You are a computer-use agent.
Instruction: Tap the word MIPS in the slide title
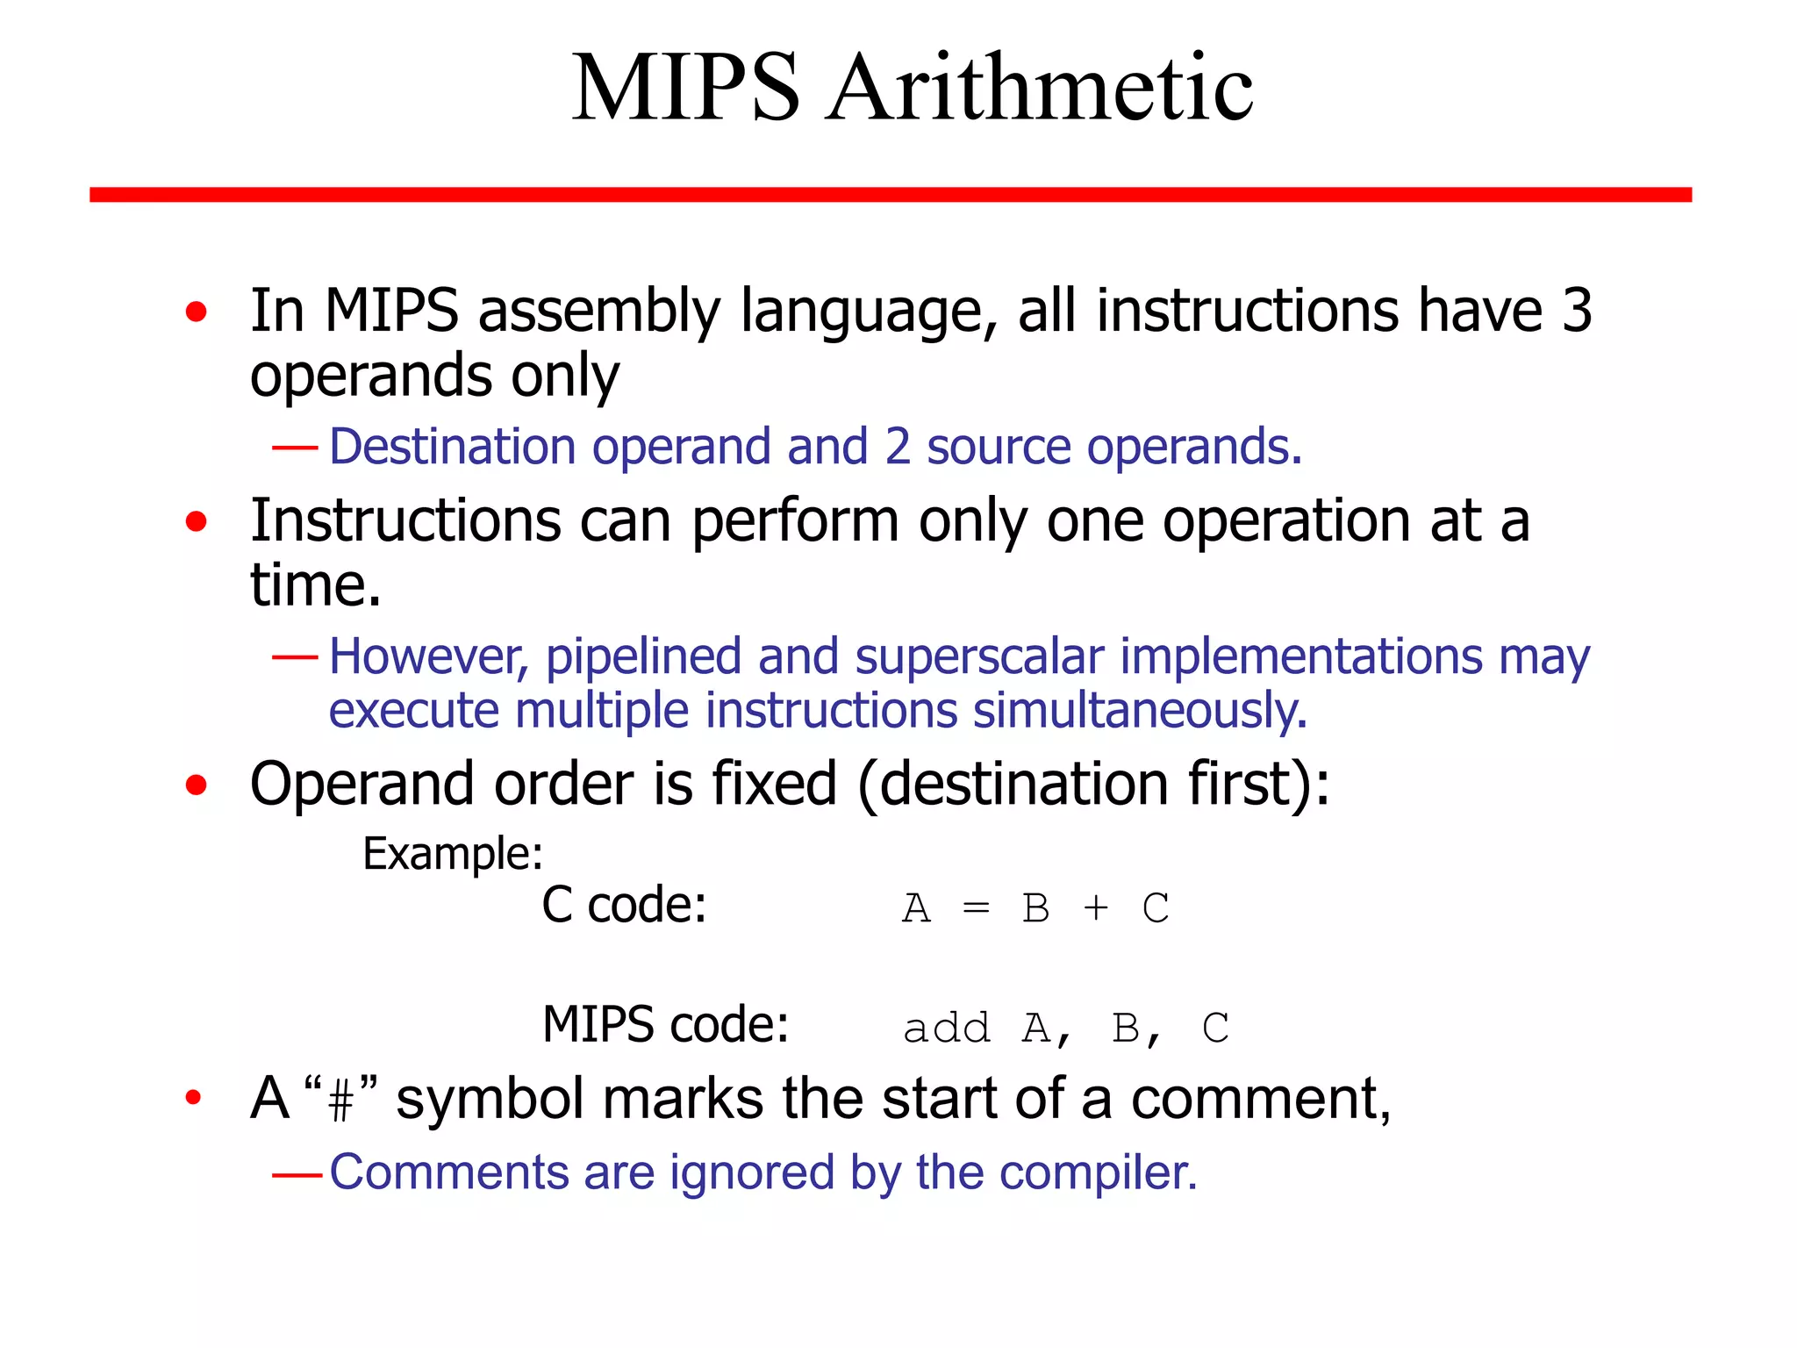click(x=685, y=88)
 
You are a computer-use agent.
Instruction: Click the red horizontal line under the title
click(x=890, y=194)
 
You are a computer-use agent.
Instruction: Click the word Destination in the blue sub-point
click(x=452, y=447)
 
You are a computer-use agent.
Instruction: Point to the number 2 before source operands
click(x=898, y=447)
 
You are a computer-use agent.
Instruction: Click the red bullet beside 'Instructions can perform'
click(x=197, y=522)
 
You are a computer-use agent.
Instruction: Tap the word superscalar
click(x=979, y=656)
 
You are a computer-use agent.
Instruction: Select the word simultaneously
click(x=1140, y=710)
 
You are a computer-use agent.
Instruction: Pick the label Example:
click(x=453, y=854)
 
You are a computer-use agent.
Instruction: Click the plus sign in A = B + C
click(x=1096, y=907)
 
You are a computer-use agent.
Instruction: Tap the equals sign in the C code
click(x=976, y=907)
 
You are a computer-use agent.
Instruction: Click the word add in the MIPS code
click(x=947, y=1029)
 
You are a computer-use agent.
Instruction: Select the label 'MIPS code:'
click(x=666, y=1024)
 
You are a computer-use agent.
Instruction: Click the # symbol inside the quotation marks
click(x=341, y=1101)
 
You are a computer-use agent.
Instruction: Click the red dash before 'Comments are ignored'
click(x=297, y=1174)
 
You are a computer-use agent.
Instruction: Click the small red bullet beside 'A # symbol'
click(x=193, y=1097)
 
